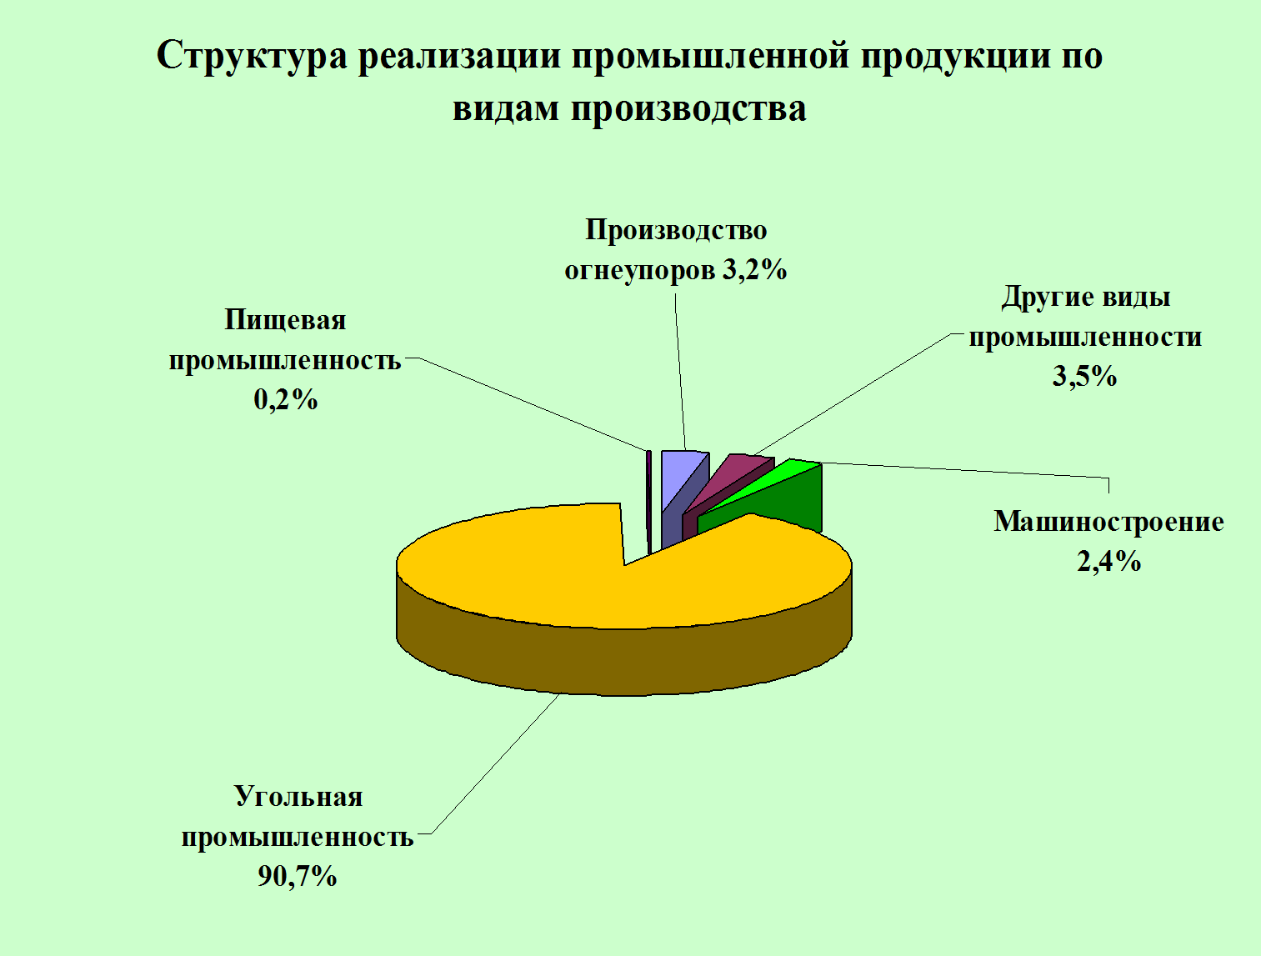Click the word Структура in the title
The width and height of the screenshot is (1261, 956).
(252, 57)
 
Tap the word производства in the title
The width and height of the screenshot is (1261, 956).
(688, 108)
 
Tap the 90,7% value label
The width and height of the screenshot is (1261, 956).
(297, 875)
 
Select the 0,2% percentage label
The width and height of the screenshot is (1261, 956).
(286, 400)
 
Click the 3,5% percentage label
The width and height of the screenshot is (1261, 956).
(1084, 376)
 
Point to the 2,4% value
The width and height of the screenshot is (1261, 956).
(1108, 561)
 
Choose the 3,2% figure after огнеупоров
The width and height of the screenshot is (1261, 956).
(754, 269)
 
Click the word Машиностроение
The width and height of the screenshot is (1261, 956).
(1108, 522)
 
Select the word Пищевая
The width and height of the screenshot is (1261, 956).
(286, 321)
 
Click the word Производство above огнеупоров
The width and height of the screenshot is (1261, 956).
(676, 230)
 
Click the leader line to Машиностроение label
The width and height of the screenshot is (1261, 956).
(965, 471)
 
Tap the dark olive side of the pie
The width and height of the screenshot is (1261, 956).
(624, 661)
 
